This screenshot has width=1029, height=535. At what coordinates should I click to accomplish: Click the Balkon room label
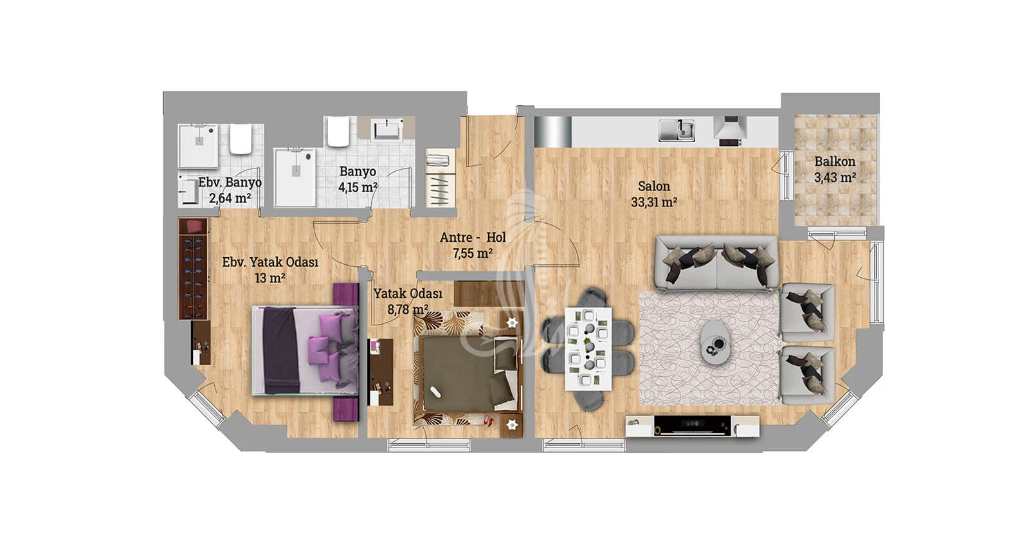(835, 161)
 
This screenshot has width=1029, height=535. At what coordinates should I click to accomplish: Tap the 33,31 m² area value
(653, 202)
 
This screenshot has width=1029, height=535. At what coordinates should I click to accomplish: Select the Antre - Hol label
(473, 237)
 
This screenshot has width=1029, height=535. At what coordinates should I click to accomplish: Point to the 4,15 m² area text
(358, 187)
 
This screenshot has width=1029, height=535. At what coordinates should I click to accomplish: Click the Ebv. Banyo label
(230, 183)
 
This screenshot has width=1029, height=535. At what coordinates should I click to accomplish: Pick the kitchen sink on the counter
(676, 131)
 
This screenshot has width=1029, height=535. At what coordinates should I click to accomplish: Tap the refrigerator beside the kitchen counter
(553, 132)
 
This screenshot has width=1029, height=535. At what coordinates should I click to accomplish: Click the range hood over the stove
(730, 127)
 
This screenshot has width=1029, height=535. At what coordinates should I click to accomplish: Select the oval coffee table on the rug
(715, 343)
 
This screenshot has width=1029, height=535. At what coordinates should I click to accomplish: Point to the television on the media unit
(693, 425)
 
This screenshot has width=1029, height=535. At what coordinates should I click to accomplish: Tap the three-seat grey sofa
(716, 264)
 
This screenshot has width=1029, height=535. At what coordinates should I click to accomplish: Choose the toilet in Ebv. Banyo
(241, 139)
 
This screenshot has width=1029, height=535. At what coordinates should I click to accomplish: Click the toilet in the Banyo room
(338, 132)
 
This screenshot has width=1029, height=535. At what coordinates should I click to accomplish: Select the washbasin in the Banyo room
(387, 129)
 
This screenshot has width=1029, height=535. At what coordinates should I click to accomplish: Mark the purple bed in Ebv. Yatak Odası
(305, 351)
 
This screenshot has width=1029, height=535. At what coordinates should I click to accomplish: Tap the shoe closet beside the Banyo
(441, 177)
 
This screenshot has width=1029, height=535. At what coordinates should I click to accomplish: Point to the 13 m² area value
(270, 278)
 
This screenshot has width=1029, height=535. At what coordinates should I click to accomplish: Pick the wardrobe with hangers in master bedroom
(193, 268)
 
